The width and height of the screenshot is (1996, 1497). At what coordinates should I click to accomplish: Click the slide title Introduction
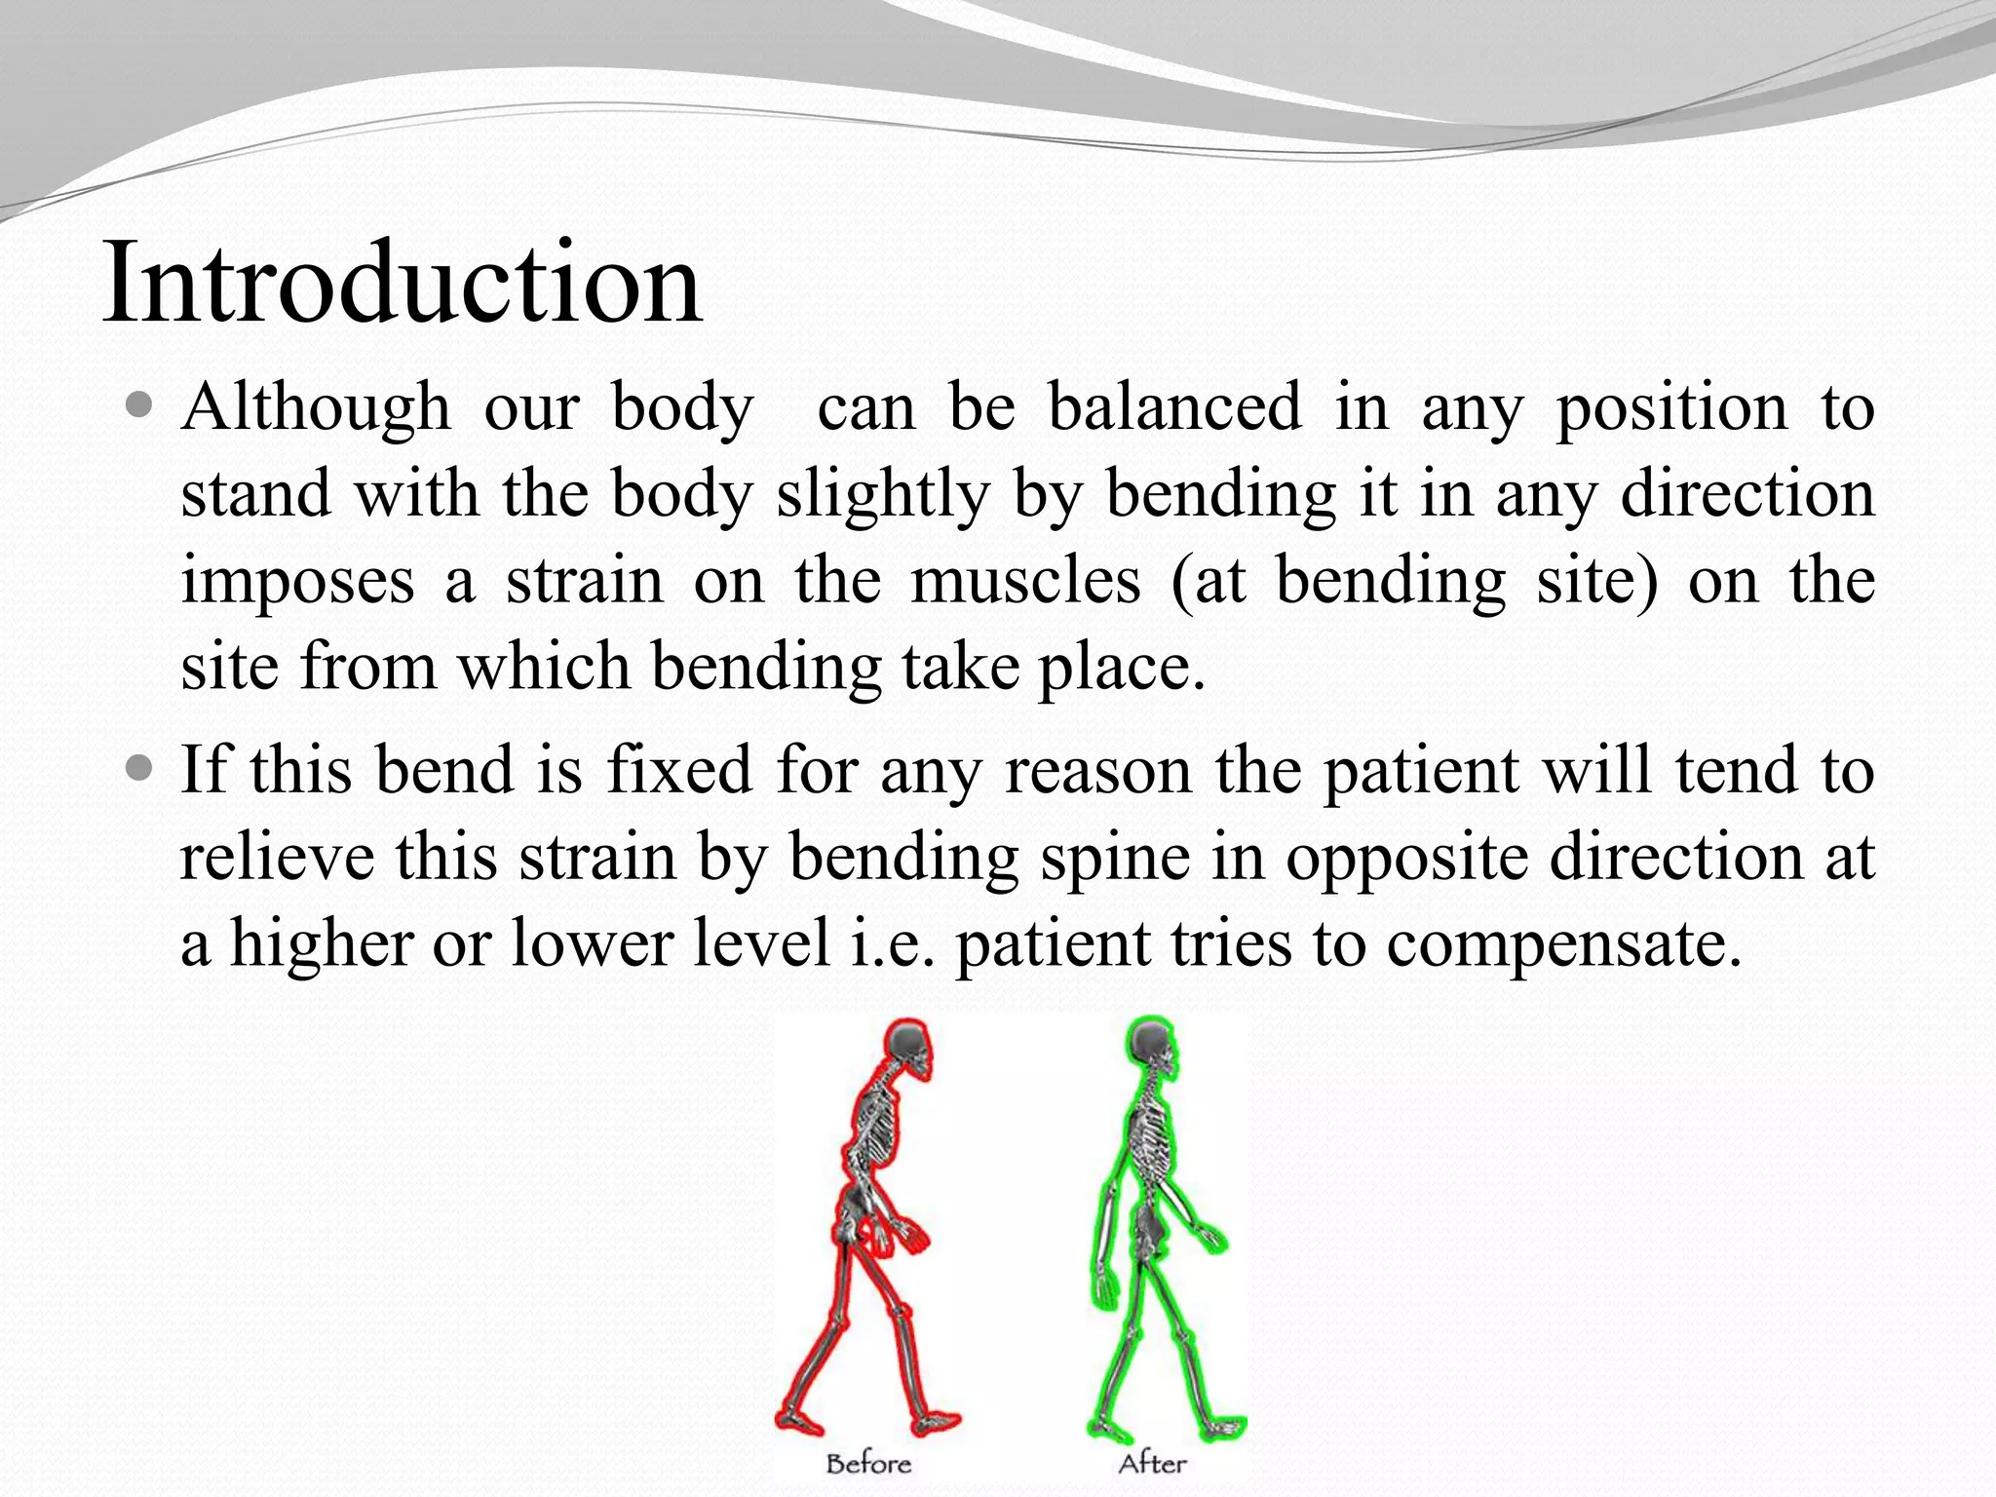402,283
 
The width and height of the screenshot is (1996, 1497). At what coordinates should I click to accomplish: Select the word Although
316,407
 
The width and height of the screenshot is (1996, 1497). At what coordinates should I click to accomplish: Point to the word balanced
1174,406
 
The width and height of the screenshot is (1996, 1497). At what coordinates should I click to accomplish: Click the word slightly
883,494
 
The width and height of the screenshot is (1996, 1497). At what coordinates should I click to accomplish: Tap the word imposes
297,582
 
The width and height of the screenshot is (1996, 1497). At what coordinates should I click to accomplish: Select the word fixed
678,770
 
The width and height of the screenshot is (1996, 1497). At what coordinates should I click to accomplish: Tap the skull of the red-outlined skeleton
911,1048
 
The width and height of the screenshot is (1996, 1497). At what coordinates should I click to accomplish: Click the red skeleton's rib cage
877,1135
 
